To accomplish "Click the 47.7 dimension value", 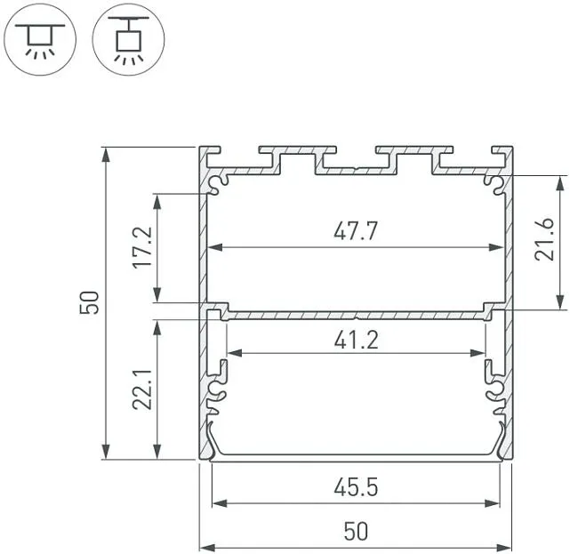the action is [356, 231].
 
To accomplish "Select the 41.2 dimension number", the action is [357, 340].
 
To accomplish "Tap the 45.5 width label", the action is [356, 487].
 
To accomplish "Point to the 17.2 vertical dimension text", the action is [142, 247].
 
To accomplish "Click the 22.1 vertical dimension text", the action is [142, 389].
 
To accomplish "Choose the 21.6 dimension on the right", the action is [544, 239].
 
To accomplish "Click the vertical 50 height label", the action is [89, 302].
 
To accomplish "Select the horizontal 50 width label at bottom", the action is [356, 531].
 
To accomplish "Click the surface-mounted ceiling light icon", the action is [40, 39].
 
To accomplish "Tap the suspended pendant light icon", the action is [128, 39].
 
